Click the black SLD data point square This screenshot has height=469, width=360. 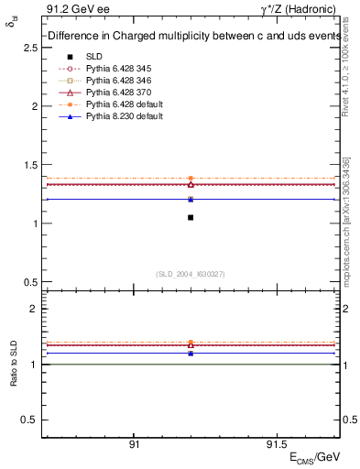pos(191,217)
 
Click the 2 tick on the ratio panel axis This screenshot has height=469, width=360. pos(33,309)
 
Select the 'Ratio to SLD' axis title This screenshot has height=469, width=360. pos(14,363)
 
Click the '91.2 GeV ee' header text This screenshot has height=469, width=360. pos(72,10)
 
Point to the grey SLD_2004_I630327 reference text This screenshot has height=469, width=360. pos(191,274)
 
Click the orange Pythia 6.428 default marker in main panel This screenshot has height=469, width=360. pos(191,179)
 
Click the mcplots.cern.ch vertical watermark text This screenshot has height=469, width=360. pos(346,220)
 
